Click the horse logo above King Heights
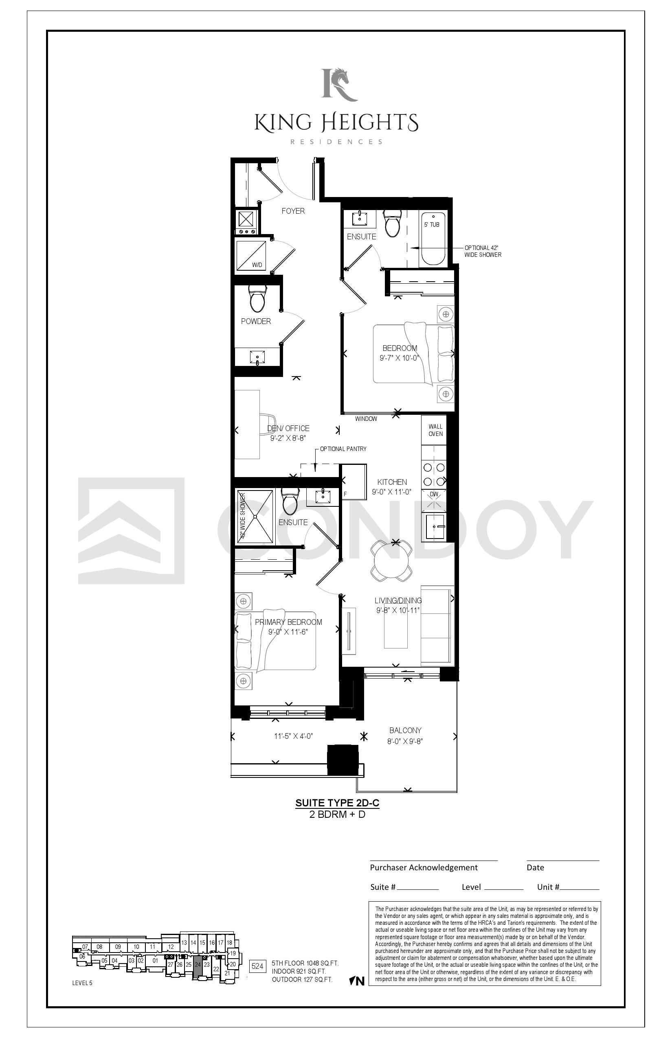pyautogui.click(x=340, y=84)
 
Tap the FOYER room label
pyautogui.click(x=293, y=211)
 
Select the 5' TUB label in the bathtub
pyautogui.click(x=432, y=225)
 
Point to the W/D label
pyautogui.click(x=257, y=265)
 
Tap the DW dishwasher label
pyautogui.click(x=434, y=494)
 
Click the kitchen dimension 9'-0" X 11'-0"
pyautogui.click(x=392, y=492)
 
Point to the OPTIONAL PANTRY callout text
pyautogui.click(x=343, y=449)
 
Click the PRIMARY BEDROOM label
pyautogui.click(x=288, y=622)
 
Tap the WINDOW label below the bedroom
pyautogui.click(x=366, y=419)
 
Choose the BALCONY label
pyautogui.click(x=405, y=730)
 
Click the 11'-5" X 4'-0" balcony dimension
pyautogui.click(x=293, y=736)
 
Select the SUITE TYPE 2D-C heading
pyautogui.click(x=337, y=803)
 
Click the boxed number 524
pyautogui.click(x=257, y=966)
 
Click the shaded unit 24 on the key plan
pyautogui.click(x=198, y=964)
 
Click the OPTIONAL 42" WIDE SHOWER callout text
pyautogui.click(x=483, y=251)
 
